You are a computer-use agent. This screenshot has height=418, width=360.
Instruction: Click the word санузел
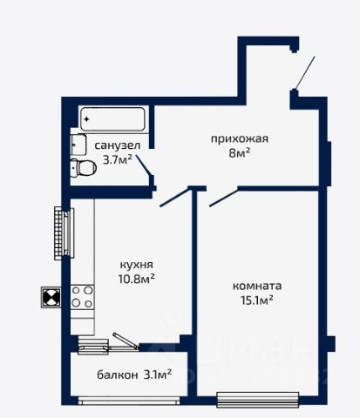[118, 145]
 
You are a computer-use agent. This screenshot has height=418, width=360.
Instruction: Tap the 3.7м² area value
[118, 159]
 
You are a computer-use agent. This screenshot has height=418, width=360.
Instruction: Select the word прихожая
[240, 139]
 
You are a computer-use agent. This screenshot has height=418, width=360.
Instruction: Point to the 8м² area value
[240, 152]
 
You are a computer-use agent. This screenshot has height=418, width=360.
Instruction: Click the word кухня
[137, 265]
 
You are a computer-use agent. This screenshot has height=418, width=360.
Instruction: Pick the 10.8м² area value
[136, 279]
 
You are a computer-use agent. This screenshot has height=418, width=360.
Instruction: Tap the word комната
[257, 286]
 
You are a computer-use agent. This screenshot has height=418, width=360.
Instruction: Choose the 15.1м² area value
[257, 300]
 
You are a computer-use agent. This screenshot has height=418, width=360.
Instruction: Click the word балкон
[118, 375]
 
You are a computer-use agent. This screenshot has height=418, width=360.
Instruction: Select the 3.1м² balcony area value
[158, 374]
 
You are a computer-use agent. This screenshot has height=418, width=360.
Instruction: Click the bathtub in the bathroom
[112, 119]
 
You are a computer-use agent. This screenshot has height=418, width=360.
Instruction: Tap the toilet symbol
[84, 168]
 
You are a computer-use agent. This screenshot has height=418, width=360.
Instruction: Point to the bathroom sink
[78, 145]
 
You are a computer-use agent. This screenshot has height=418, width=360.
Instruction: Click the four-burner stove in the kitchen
[83, 297]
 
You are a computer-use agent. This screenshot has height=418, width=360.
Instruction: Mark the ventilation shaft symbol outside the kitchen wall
[51, 297]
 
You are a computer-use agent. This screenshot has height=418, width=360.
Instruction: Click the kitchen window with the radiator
[65, 233]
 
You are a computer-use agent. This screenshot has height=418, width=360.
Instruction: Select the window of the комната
[258, 400]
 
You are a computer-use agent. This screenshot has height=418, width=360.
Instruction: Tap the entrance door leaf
[305, 73]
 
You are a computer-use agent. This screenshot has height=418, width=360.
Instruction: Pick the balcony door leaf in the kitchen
[126, 340]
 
